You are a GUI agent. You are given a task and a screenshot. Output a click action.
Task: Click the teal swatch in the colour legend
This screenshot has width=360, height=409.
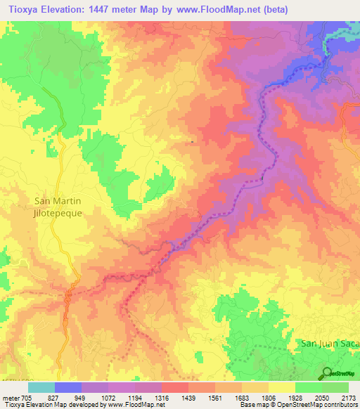tap(41, 387)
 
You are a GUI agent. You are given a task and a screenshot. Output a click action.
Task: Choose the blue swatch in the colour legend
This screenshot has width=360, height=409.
tap(67, 387)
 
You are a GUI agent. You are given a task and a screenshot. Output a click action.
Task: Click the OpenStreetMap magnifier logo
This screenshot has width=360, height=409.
tap(327, 373)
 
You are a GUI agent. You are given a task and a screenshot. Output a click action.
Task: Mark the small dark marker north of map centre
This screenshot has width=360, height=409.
tap(193, 142)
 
